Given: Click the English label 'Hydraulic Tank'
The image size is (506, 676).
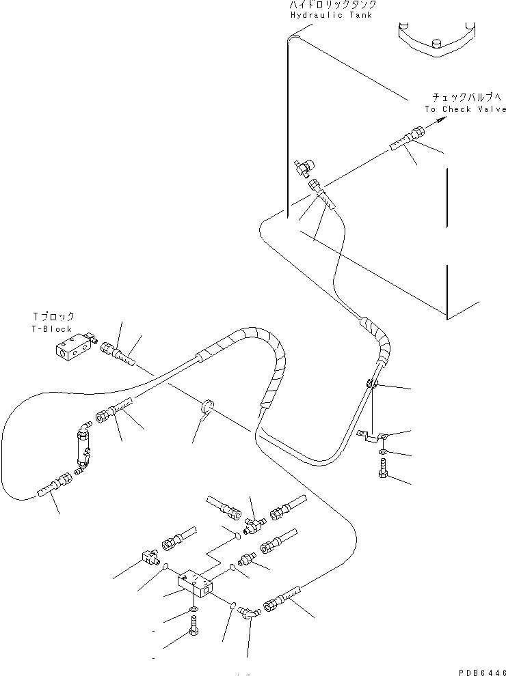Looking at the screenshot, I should coord(331,15).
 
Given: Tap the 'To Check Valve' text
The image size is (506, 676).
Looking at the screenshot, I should coord(465,109).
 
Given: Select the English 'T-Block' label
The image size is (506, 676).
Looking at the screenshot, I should coord(53,328).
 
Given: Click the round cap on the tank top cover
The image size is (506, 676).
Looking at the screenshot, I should coord(434,46).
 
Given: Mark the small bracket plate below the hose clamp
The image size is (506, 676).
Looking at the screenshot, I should coord(373,438).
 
